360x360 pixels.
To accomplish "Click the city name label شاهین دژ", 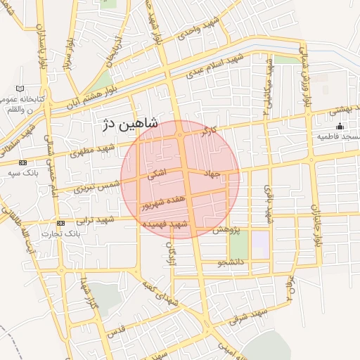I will pos(130,124).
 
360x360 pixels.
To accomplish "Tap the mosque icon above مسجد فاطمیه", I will pos(340,127).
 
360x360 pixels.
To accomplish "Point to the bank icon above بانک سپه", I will pos(23,162).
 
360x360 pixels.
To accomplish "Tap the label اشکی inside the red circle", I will pos(156,174).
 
